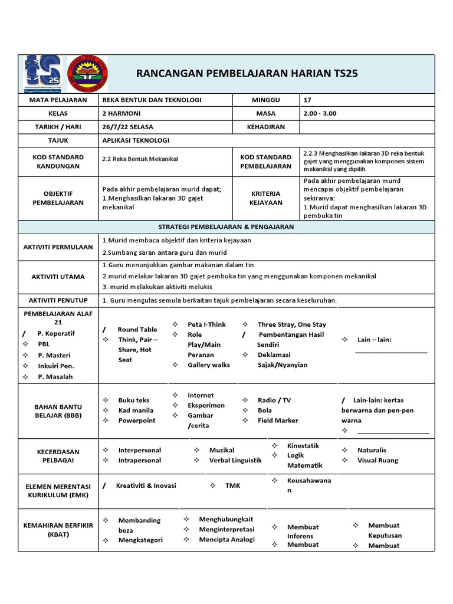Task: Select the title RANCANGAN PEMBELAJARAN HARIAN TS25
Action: coord(247,73)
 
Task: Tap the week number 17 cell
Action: coord(308,100)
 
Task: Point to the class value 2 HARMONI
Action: coord(122,113)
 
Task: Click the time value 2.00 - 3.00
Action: coord(320,113)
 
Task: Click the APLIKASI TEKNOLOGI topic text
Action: coord(136,140)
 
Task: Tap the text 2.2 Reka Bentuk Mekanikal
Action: coord(140,159)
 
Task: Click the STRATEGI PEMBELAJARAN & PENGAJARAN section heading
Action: coord(226,226)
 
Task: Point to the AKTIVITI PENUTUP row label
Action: coord(58,300)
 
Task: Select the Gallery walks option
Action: coord(209,365)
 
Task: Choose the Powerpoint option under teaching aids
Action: coord(137,421)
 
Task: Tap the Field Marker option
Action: coord(278,421)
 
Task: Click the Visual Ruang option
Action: coord(377,460)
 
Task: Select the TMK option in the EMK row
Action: coord(233,485)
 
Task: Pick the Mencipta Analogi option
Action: coord(227,539)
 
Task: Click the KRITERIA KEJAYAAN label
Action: coord(265,198)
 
